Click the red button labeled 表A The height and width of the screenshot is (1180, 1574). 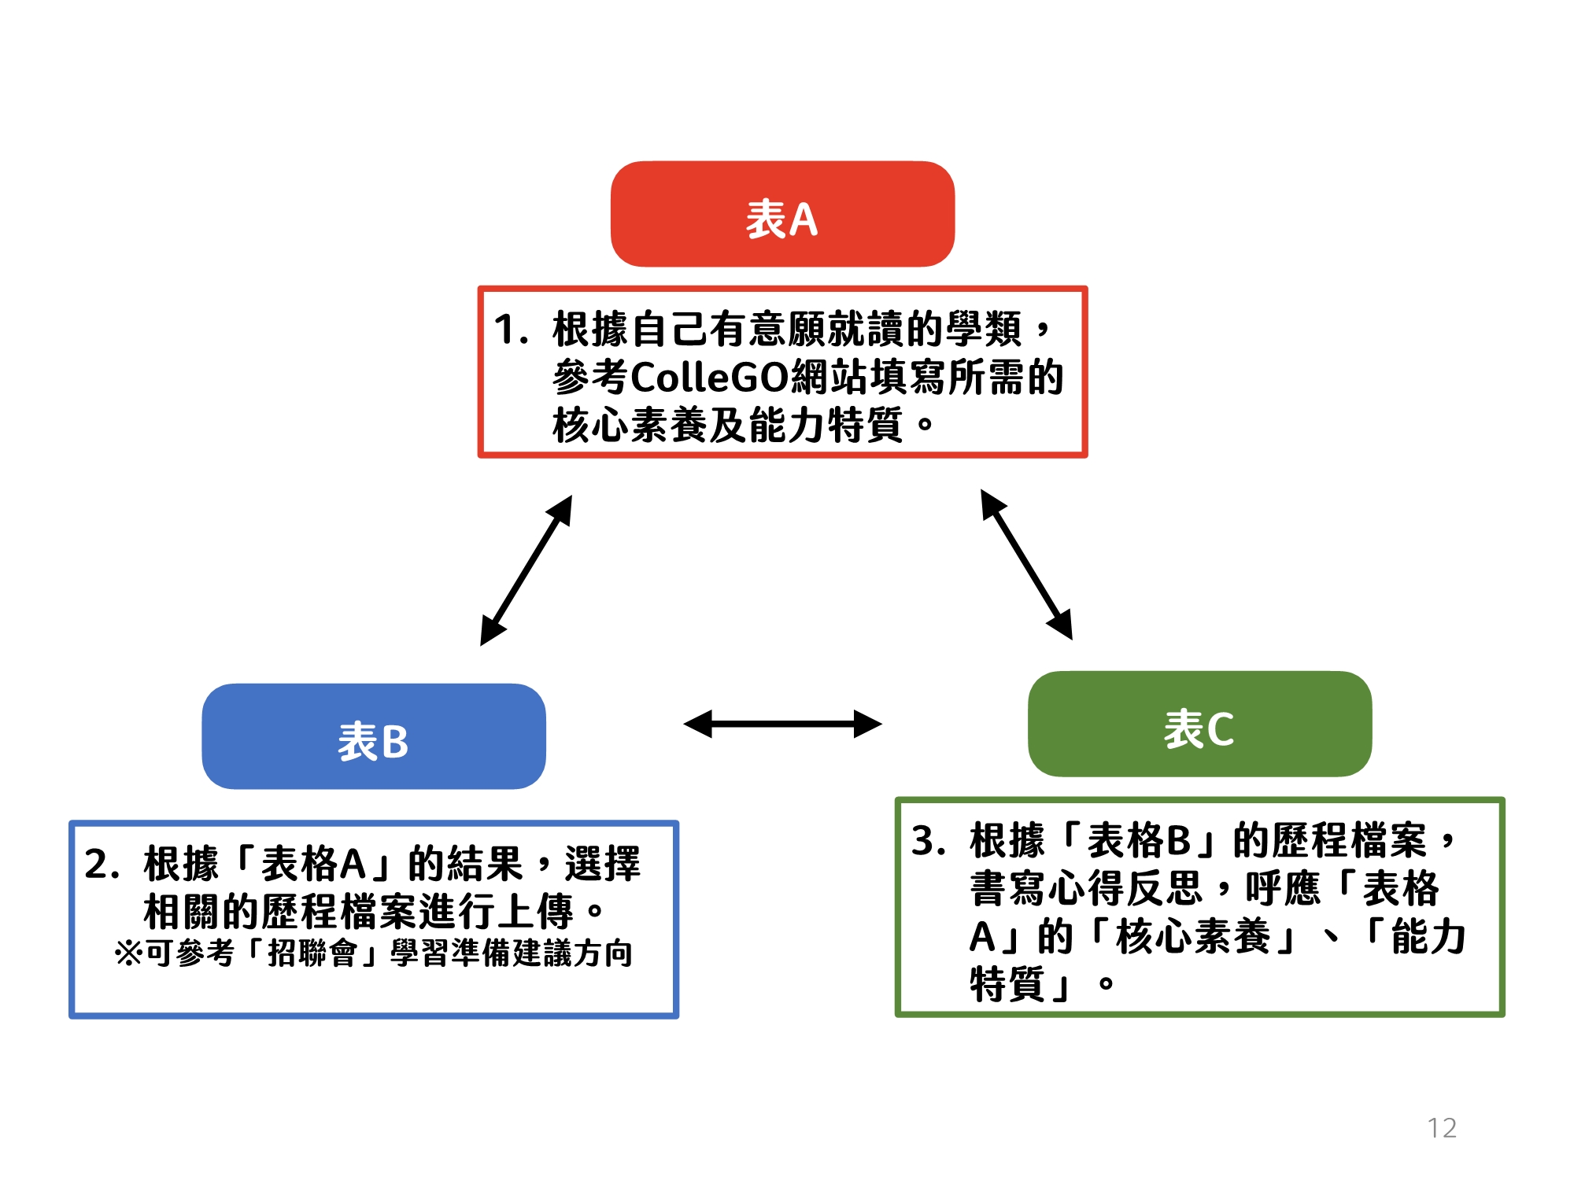click(x=782, y=214)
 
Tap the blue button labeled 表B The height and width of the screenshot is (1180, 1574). click(x=374, y=736)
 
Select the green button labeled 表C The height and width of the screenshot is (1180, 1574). click(x=1200, y=724)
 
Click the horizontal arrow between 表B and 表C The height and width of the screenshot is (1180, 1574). click(x=783, y=724)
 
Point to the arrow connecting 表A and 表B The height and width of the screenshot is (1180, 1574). click(x=527, y=570)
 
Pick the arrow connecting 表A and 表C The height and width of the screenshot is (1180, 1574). click(x=1026, y=564)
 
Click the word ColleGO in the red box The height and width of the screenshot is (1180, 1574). click(x=710, y=377)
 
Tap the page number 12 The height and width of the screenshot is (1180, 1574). click(x=1442, y=1128)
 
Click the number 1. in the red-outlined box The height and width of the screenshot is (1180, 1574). click(x=511, y=329)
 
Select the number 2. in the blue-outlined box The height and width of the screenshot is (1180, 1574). click(x=102, y=865)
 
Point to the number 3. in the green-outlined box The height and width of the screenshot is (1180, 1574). click(x=929, y=841)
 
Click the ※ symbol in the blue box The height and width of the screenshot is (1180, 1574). click(x=129, y=953)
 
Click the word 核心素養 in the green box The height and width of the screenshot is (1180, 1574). click(x=1193, y=937)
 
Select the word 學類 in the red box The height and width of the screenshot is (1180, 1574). click(x=984, y=329)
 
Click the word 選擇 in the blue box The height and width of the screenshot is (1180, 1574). click(x=603, y=865)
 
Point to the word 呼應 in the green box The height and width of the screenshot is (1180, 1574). click(x=1284, y=889)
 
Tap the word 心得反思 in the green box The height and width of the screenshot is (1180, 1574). click(x=1125, y=889)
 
